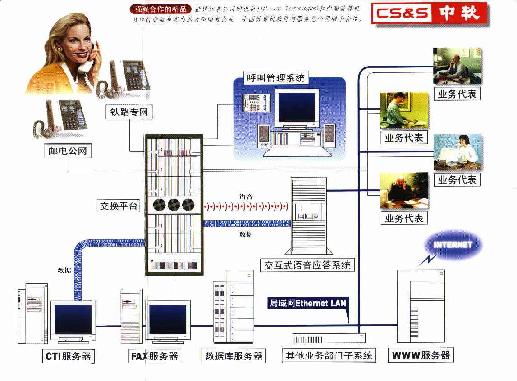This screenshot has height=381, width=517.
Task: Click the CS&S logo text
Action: (x=403, y=13)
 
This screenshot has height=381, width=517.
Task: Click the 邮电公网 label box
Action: (x=68, y=151)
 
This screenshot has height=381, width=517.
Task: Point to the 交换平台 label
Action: (x=119, y=206)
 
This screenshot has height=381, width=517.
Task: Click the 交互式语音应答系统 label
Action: (x=307, y=265)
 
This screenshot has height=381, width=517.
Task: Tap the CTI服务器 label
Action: (x=69, y=357)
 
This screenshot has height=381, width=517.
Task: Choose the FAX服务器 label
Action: (x=155, y=357)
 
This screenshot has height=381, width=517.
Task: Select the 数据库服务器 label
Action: (x=233, y=356)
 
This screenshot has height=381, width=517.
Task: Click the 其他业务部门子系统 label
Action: (x=329, y=355)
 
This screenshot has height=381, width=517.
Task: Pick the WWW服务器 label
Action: (x=421, y=355)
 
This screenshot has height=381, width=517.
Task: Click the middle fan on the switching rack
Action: (x=174, y=206)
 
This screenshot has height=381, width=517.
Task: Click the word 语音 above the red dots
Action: (x=246, y=196)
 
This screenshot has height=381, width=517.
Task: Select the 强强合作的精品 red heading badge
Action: (x=160, y=9)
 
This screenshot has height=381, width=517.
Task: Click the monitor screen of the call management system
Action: (x=297, y=108)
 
